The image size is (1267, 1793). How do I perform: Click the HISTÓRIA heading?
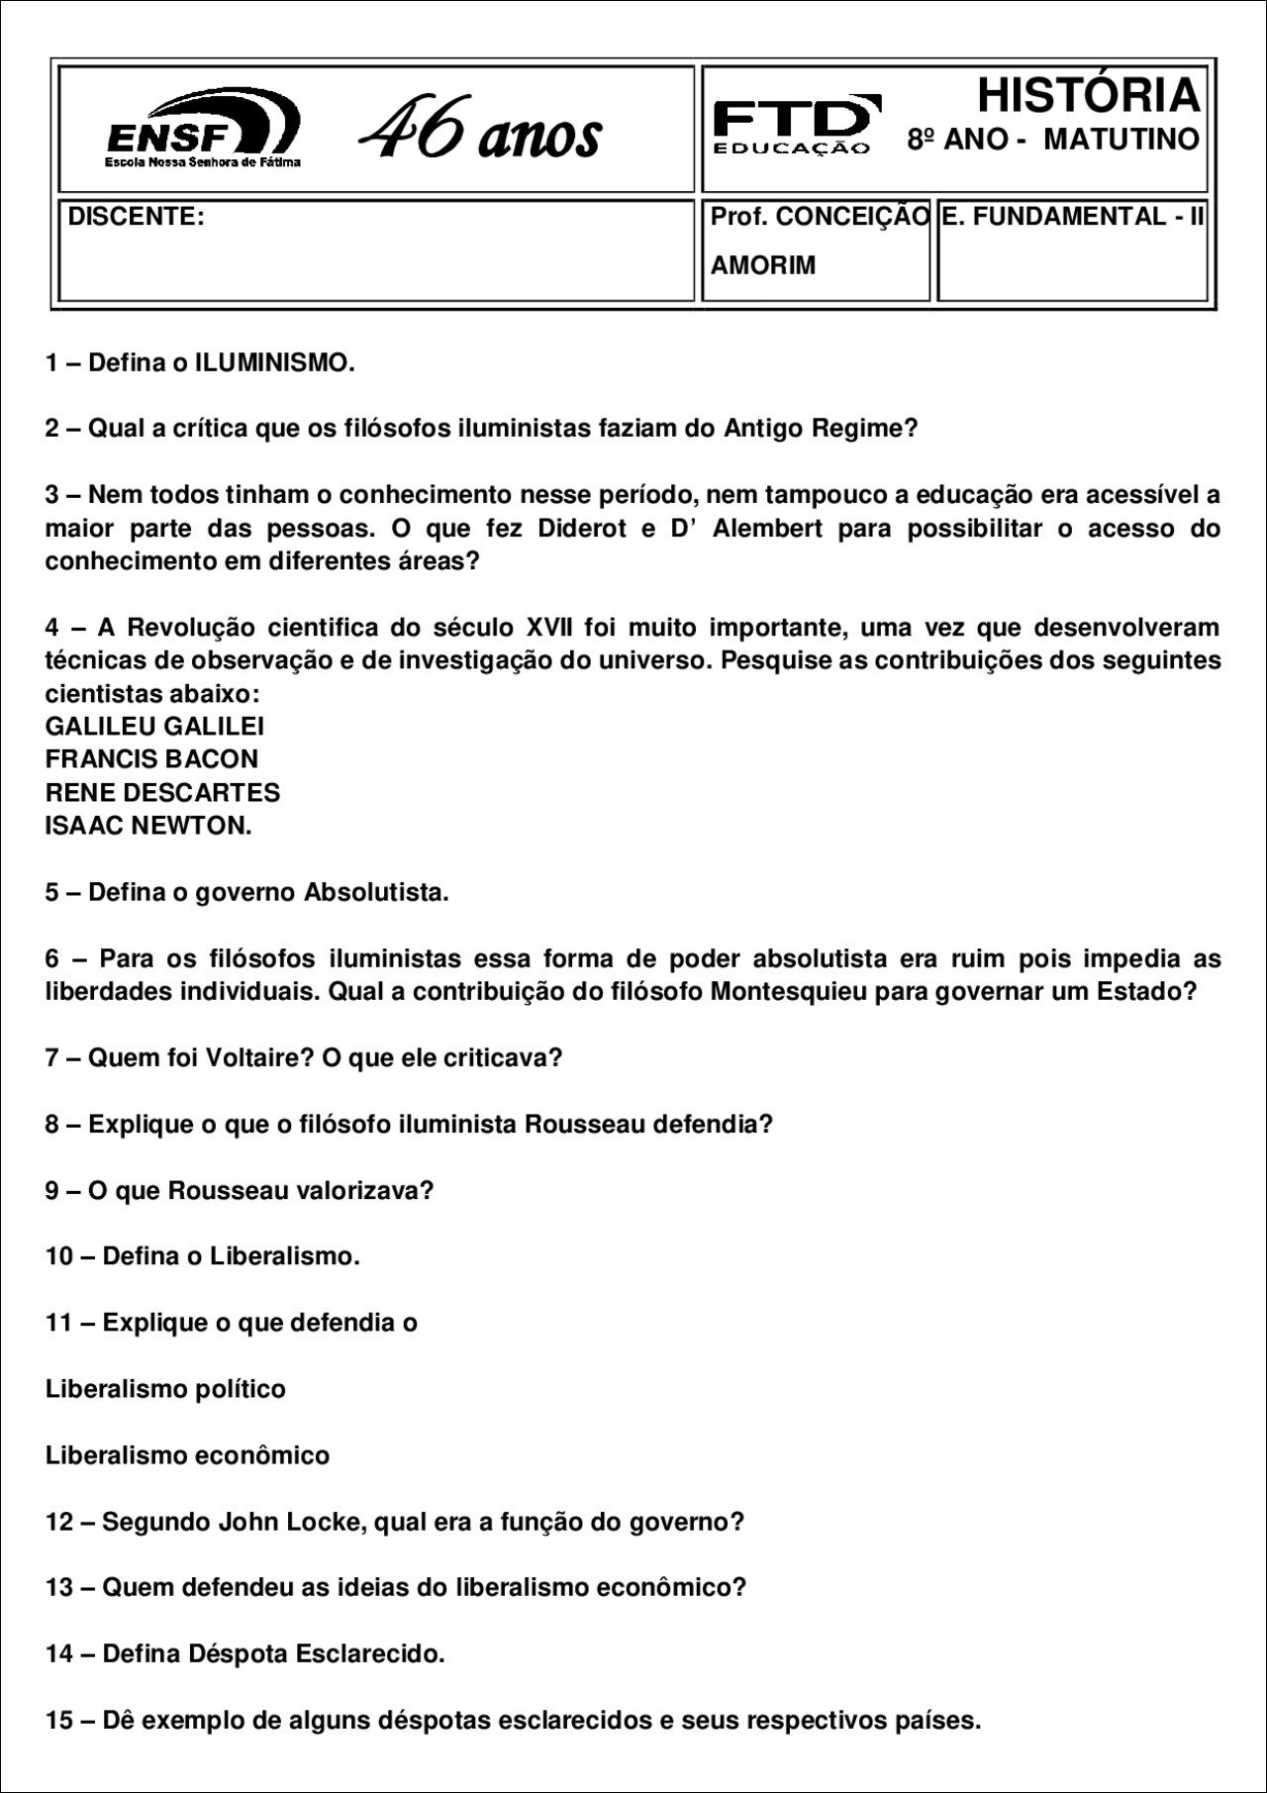pyautogui.click(x=1088, y=96)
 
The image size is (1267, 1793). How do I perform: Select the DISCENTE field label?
pyautogui.click(x=136, y=217)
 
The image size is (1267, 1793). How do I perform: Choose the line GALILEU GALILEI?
pyautogui.click(x=154, y=727)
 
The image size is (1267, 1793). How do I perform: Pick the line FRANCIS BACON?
pyautogui.click(x=151, y=759)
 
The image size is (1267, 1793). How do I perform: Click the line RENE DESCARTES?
pyautogui.click(x=162, y=793)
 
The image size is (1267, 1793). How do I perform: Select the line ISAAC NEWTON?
pyautogui.click(x=148, y=826)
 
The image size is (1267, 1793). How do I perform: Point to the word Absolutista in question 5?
pyautogui.click(x=376, y=892)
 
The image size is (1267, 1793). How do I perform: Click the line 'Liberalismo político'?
pyautogui.click(x=165, y=1389)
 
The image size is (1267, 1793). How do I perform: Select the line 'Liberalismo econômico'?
pyautogui.click(x=187, y=1455)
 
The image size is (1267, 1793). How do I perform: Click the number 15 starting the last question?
pyautogui.click(x=59, y=1720)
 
